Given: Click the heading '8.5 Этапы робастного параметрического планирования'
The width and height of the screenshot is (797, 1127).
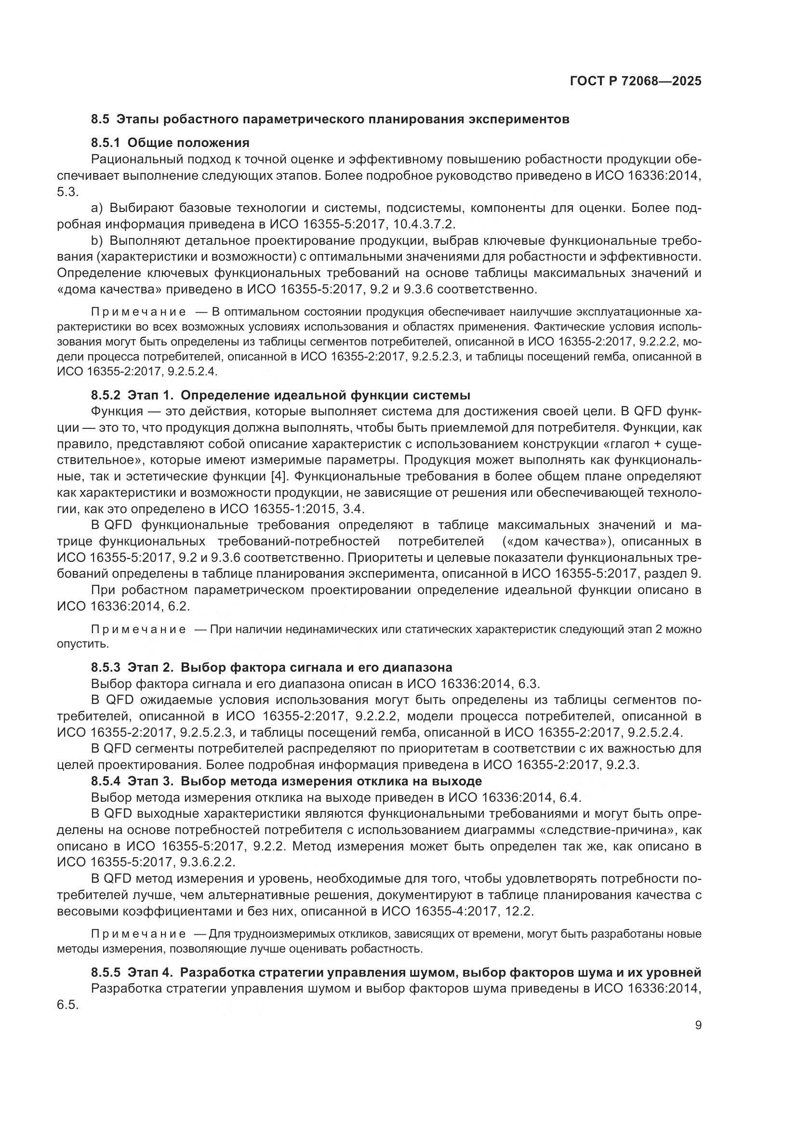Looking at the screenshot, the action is point(330,119).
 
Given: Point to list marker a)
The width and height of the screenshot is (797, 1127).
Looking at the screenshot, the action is point(97,208).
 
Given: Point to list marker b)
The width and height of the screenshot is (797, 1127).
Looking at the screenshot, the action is point(97,240).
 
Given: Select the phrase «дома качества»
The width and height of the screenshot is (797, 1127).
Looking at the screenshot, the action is point(109,289).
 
